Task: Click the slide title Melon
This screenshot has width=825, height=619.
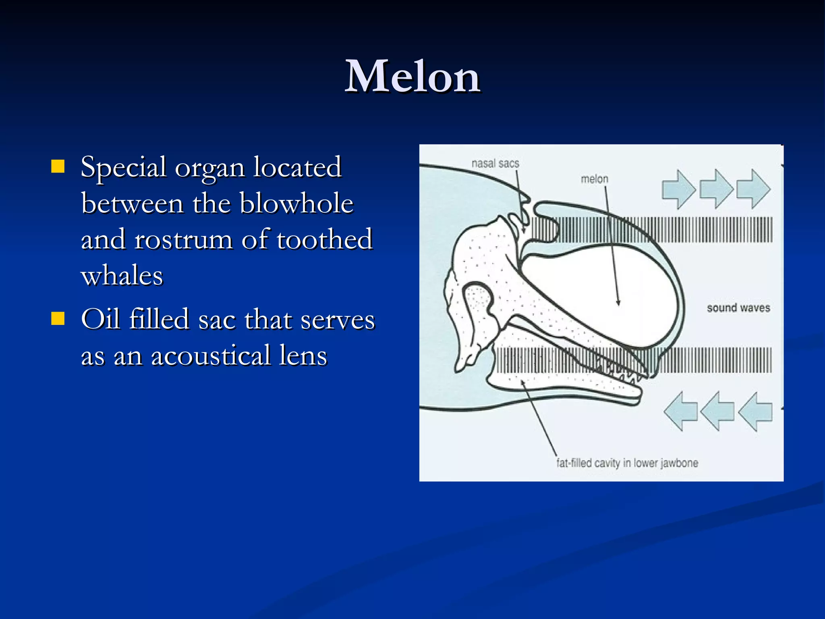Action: [x=412, y=77]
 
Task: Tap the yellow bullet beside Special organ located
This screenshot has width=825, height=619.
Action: [x=58, y=166]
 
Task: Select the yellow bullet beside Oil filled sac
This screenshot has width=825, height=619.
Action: [x=58, y=318]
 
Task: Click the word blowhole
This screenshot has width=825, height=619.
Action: [x=296, y=203]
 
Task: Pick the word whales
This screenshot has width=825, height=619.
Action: [x=122, y=276]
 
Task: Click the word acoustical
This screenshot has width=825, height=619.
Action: [x=210, y=356]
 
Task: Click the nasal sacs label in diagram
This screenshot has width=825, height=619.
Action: [x=495, y=164]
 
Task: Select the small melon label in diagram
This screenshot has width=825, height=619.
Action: [x=594, y=179]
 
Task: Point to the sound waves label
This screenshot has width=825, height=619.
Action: [x=738, y=308]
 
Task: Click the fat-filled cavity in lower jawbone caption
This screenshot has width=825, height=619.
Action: [x=627, y=463]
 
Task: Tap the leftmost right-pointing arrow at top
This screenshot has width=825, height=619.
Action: [x=678, y=189]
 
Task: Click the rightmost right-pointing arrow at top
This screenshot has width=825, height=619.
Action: [x=753, y=189]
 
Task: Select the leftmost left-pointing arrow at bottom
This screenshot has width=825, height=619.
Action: [x=681, y=411]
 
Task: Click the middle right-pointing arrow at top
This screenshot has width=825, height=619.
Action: [x=716, y=189]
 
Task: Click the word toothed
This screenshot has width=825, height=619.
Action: [x=324, y=239]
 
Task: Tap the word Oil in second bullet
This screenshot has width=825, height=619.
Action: [x=100, y=319]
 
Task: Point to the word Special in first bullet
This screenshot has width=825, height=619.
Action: [x=123, y=167]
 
